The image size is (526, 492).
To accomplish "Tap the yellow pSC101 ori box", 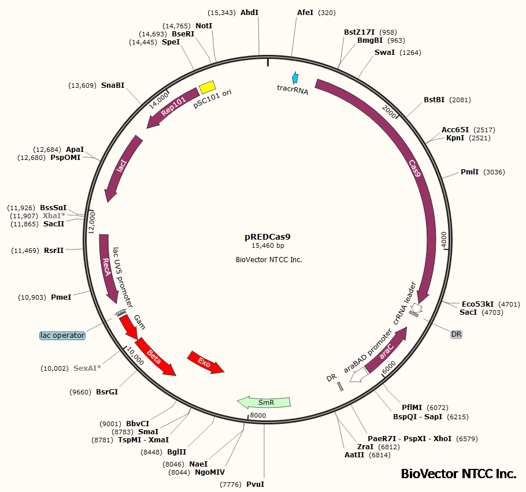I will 207,87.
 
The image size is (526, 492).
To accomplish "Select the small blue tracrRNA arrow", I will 296,77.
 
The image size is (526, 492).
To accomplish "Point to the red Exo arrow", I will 205,362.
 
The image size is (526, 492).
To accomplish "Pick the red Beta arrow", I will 155,356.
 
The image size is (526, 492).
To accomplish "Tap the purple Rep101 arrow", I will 172,107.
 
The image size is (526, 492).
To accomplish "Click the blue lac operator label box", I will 62,336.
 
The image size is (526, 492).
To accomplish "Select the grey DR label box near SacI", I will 457,334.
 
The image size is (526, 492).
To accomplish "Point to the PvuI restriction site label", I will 255,484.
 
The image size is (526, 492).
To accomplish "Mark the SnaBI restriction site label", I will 112,85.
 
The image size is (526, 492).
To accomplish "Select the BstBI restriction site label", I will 434,100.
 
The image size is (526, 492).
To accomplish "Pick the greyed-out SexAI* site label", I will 87,368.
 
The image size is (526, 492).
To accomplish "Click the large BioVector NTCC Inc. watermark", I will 458,474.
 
